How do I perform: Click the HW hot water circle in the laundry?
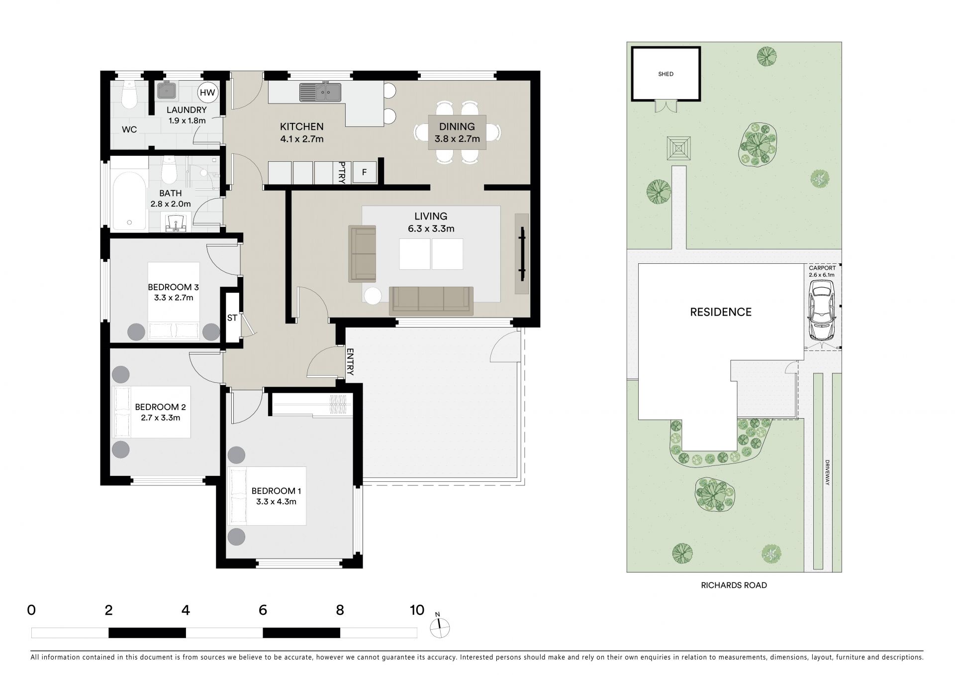click(207, 92)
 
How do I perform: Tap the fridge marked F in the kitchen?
click(364, 172)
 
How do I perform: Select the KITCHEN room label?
click(301, 127)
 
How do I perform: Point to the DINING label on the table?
click(457, 126)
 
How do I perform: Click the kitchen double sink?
click(320, 92)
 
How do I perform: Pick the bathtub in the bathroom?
click(129, 198)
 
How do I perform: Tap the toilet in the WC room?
click(129, 93)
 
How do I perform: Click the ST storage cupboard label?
click(232, 318)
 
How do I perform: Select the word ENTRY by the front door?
click(350, 361)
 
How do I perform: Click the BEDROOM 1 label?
click(276, 491)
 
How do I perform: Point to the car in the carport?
click(821, 309)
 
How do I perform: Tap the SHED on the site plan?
click(666, 74)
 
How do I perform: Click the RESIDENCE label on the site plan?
click(721, 312)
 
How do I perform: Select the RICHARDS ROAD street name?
click(734, 585)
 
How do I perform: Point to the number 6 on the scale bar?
click(263, 610)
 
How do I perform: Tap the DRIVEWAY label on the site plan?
click(827, 472)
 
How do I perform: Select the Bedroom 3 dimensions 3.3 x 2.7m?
click(174, 298)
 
